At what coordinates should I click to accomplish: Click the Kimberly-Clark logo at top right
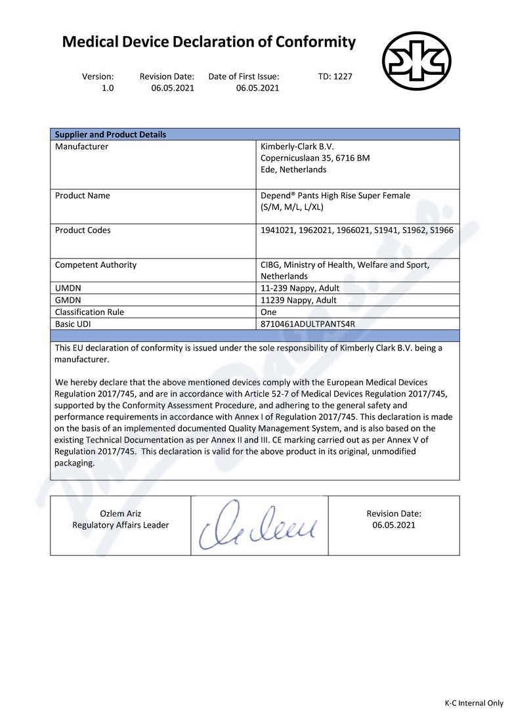coord(416,60)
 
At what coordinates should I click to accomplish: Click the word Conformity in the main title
coord(316,43)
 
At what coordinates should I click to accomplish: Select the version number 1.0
coord(108,88)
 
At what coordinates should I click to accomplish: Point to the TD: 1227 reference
coord(335,76)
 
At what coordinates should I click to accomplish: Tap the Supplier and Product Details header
coord(110,135)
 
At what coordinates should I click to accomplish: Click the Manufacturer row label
coord(81,146)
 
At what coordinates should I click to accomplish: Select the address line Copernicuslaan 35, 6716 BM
coord(315,158)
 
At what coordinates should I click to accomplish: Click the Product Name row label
coord(83,196)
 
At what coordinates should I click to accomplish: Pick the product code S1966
coord(441,230)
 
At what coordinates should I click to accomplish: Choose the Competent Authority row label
coord(96,265)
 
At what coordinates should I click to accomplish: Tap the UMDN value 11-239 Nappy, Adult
coord(300,288)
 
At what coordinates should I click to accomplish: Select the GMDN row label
coord(68,300)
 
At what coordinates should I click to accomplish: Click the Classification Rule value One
coord(268,312)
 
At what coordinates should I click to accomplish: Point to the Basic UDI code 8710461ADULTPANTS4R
coord(308,324)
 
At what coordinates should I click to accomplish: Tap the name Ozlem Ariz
coord(120,513)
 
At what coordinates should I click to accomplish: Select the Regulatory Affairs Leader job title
coord(120,525)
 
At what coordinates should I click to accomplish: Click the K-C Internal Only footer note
coord(474,703)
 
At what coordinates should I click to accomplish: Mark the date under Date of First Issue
coord(257,88)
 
